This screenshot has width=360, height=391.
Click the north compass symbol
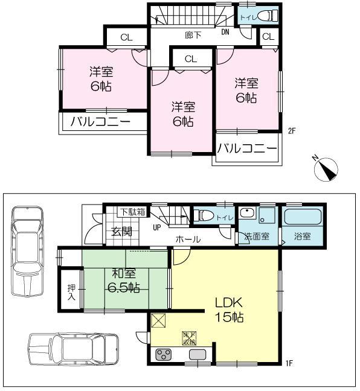(x=326, y=168)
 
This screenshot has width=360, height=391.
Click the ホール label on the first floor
(x=188, y=240)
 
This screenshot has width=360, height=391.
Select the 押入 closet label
(x=71, y=292)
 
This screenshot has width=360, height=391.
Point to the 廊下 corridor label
(x=193, y=35)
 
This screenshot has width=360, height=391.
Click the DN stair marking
(x=225, y=32)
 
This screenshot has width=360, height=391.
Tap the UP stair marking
(x=156, y=227)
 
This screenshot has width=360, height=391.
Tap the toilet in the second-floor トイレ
(x=269, y=16)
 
